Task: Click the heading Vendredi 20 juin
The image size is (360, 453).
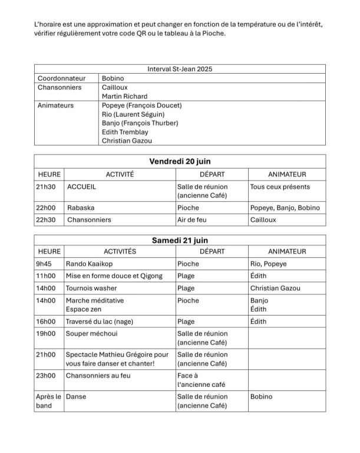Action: click(x=180, y=161)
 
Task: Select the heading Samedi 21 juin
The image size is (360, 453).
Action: click(x=180, y=240)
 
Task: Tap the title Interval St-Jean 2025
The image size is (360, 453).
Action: click(x=180, y=69)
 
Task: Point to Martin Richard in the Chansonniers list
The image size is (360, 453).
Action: click(x=124, y=96)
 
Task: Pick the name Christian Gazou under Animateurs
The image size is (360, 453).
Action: click(x=127, y=141)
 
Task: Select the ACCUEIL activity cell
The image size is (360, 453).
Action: click(x=82, y=187)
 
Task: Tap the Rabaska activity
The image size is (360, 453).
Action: click(x=81, y=208)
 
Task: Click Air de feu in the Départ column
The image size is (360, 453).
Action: click(x=192, y=219)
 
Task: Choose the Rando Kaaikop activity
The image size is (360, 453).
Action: click(x=92, y=264)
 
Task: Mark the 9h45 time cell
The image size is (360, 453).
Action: click(x=45, y=264)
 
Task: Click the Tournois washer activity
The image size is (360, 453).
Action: click(x=91, y=288)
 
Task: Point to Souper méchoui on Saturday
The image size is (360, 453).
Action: click(x=91, y=333)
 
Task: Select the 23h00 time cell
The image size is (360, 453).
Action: click(x=46, y=375)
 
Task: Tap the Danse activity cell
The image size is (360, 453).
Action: click(x=76, y=396)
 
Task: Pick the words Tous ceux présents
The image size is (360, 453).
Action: click(x=279, y=187)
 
